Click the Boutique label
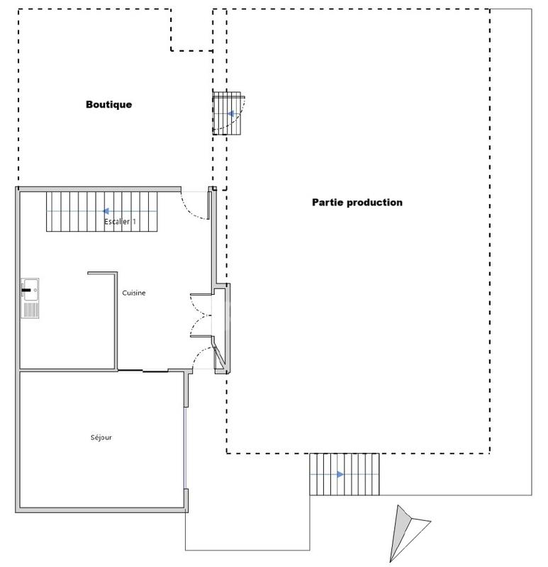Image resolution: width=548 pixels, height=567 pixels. [x=109, y=105]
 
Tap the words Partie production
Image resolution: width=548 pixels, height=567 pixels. [x=357, y=202]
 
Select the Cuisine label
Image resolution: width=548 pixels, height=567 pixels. [x=134, y=293]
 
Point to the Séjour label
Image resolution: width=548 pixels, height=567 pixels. [x=101, y=437]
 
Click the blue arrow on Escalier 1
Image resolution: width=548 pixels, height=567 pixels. [x=105, y=211]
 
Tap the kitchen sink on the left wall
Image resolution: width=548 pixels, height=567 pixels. [x=30, y=298]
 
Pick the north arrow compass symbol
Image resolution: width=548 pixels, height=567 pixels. [x=405, y=532]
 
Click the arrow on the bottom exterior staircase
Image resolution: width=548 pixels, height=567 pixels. [x=340, y=474]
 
